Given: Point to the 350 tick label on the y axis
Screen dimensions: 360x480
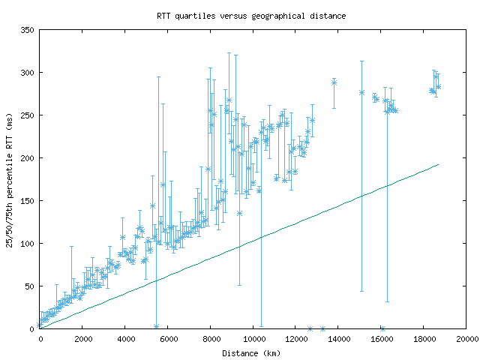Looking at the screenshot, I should tap(26, 30).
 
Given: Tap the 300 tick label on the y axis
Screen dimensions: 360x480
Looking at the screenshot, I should tap(26, 73).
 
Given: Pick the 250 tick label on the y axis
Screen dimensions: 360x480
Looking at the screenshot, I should tap(26, 115).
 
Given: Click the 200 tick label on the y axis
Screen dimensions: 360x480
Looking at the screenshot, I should tap(26, 158).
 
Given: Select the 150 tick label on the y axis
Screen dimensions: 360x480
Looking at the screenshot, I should tap(26, 201).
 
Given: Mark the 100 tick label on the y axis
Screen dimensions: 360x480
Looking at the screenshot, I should tap(26, 244).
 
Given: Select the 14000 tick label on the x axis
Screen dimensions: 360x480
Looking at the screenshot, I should tap(338, 340).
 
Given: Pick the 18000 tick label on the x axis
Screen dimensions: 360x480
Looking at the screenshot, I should tap(424, 340).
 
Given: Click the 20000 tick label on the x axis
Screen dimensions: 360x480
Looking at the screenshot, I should tap(466, 340).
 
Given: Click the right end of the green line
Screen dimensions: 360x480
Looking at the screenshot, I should tap(438, 164).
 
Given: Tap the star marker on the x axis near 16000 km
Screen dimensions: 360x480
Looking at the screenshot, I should tap(382, 328).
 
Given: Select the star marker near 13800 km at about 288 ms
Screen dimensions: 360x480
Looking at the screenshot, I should tap(334, 82).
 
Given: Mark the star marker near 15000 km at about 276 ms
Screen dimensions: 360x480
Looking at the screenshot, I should tap(361, 93).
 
